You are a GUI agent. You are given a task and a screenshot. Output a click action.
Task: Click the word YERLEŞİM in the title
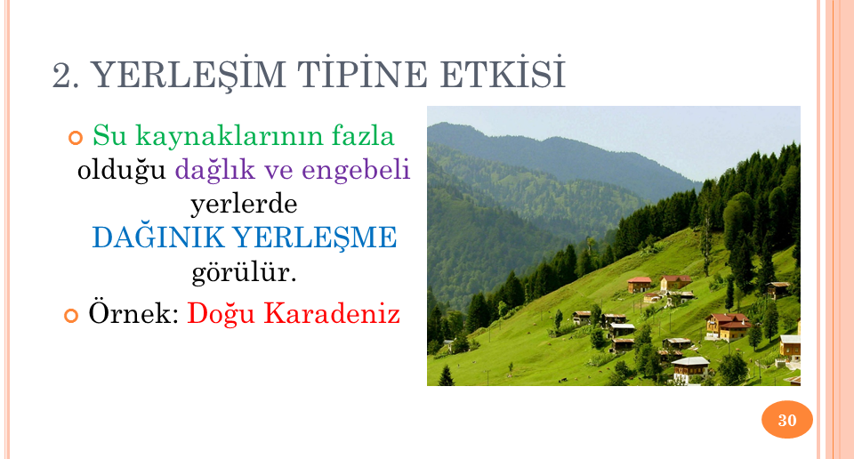pos(188,74)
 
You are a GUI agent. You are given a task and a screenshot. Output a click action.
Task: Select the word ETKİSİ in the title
pos(503,74)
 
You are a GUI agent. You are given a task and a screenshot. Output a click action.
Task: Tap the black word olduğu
pos(122,170)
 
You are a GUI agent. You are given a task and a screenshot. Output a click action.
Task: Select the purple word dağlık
pos(215,170)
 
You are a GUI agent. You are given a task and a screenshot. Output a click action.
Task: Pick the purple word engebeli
pos(356,170)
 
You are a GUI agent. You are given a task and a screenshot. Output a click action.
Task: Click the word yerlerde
pos(244,204)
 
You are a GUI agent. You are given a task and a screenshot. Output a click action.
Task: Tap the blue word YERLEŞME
pos(315,238)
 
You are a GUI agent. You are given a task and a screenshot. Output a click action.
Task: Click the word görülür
pos(244,271)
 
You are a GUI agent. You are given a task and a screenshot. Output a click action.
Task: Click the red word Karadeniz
pos(332,313)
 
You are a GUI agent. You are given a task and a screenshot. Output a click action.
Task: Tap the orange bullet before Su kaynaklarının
pos(75,138)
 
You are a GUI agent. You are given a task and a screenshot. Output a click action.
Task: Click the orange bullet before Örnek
pos(71,315)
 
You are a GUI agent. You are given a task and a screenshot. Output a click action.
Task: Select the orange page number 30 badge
pos(787,420)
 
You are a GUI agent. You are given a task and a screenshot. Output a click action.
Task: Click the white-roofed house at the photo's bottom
pos(690,368)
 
